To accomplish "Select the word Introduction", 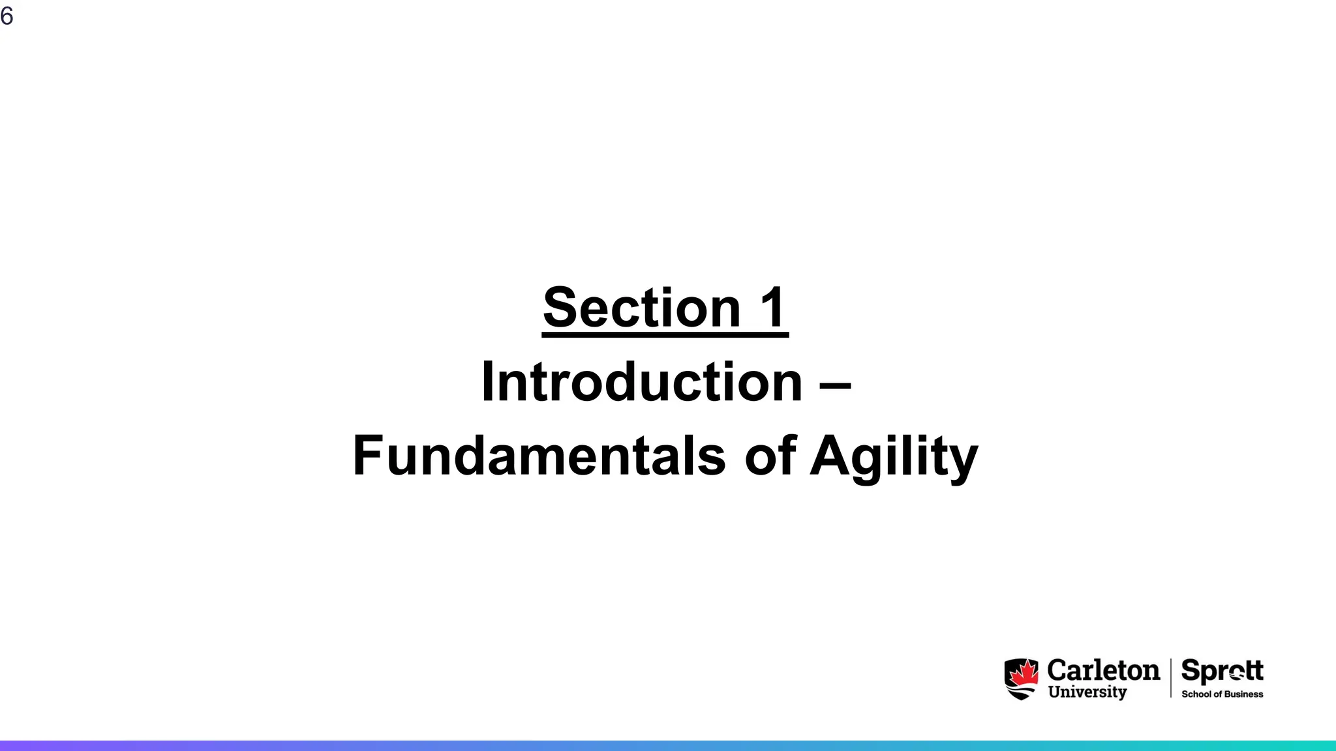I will tap(641, 382).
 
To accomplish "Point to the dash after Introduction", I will tap(835, 385).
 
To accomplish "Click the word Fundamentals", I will tap(539, 456).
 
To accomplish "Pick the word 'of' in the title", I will tap(770, 456).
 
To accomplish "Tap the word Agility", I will tap(894, 456).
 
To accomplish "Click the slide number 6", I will tap(7, 16).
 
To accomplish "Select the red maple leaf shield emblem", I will tap(1022, 679).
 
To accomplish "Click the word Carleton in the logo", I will tap(1103, 670).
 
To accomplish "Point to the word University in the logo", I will tap(1087, 692).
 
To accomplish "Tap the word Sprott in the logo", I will tap(1222, 670).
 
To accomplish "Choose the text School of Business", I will tap(1222, 694).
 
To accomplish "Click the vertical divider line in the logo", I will tap(1171, 678).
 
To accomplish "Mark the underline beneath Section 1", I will tap(665, 335).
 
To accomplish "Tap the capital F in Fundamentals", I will tap(367, 456).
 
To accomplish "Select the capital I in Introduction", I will tap(487, 382).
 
